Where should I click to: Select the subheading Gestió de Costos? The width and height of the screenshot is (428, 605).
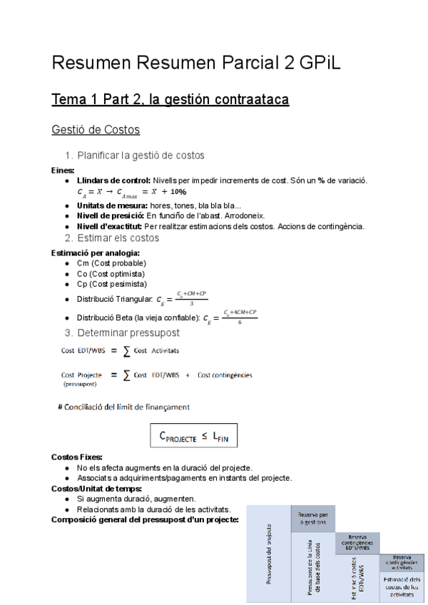(95, 130)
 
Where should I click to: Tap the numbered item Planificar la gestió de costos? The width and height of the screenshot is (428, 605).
(141, 155)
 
